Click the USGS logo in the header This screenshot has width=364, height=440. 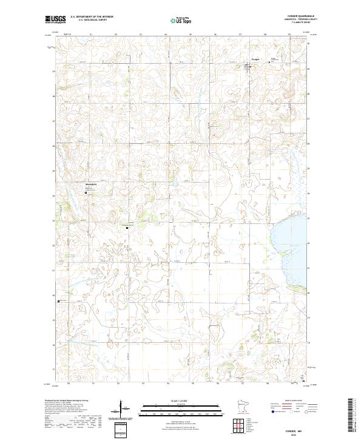pos(55,19)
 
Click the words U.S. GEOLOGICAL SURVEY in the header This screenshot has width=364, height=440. pos(93,21)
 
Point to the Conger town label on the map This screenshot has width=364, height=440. pos(255,59)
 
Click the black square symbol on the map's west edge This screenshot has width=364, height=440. pos(58,301)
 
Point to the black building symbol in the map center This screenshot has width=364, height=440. pos(127,228)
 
